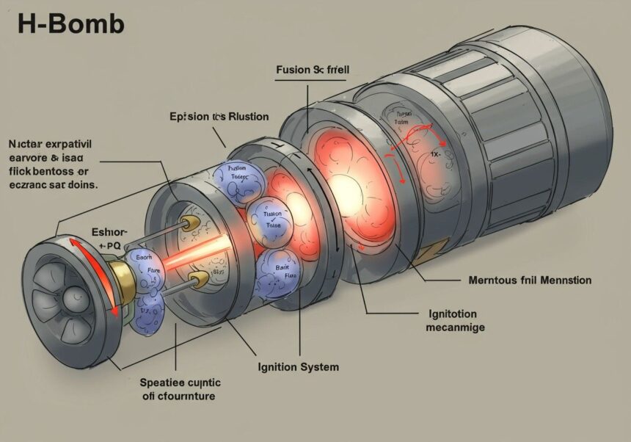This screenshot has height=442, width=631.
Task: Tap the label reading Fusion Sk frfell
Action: click(x=312, y=71)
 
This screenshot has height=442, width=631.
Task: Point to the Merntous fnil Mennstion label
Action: click(x=529, y=280)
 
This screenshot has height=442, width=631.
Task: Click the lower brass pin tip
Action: click(x=197, y=280)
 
